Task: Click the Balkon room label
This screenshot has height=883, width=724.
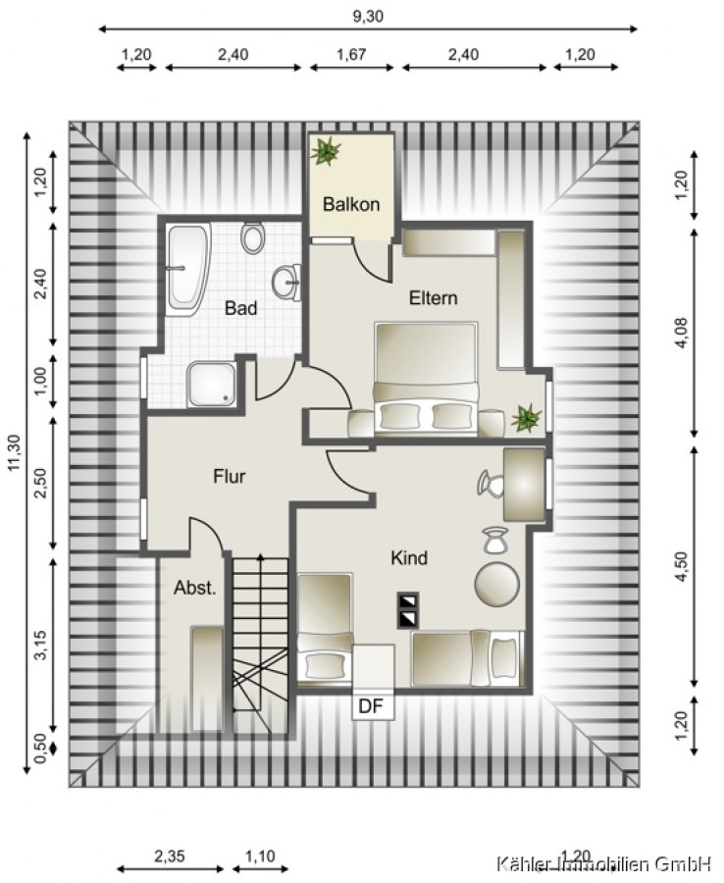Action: coord(351,204)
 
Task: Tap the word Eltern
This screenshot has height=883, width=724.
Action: coord(433,297)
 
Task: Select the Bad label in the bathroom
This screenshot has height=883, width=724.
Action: coord(240,308)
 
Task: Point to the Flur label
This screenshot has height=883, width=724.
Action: coord(230,477)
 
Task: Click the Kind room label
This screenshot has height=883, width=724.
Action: coord(409,558)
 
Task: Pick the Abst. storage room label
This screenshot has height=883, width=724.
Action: coord(195,588)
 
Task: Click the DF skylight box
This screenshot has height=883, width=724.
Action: coord(372,705)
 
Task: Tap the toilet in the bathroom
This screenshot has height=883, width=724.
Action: coord(253,238)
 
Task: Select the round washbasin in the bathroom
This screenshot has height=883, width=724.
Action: coord(286,282)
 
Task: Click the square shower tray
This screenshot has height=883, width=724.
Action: coord(212,384)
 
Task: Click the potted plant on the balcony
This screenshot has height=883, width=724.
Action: coord(326,151)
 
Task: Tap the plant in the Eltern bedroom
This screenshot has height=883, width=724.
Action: coord(527,418)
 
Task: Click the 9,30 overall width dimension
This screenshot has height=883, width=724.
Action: coord(368,17)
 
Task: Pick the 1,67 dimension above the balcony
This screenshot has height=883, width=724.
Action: coord(351,54)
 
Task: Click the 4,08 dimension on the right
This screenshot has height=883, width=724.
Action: coord(681,334)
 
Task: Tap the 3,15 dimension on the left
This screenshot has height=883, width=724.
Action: coord(40,647)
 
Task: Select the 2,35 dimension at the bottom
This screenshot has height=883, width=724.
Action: coord(170,857)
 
